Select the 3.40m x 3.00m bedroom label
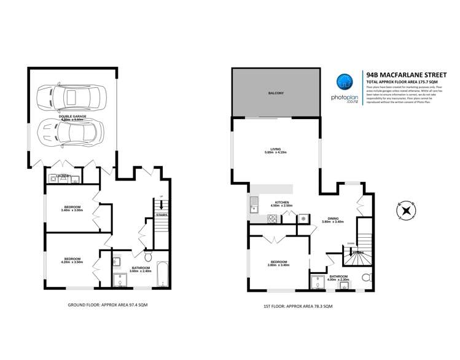(x=71, y=208)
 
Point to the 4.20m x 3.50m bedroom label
(x=71, y=260)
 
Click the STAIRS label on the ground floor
(x=162, y=216)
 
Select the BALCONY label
(x=276, y=93)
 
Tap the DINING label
(x=333, y=219)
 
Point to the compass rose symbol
(x=405, y=210)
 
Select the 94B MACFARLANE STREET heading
(x=407, y=72)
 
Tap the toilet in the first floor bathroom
(x=367, y=278)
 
